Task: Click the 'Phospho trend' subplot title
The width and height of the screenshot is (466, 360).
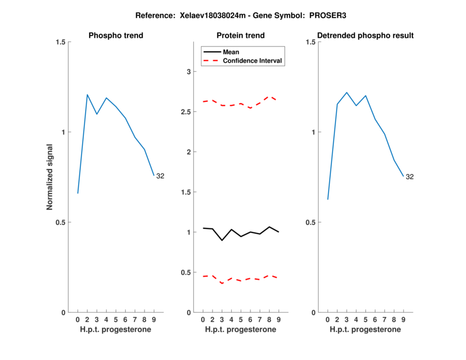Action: (x=116, y=36)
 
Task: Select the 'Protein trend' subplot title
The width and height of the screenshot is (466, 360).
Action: (x=241, y=36)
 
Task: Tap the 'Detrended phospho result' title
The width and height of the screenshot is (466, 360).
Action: (x=365, y=36)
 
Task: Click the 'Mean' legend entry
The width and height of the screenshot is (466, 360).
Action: (x=231, y=52)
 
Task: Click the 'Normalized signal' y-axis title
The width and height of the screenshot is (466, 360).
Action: (x=50, y=177)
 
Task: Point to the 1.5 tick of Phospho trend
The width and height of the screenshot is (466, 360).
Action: (x=59, y=42)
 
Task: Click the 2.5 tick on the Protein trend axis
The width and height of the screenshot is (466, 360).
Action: (x=185, y=112)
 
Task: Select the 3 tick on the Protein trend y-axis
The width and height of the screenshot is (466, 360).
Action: (x=188, y=72)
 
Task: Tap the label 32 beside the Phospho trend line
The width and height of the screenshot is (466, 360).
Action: (x=160, y=176)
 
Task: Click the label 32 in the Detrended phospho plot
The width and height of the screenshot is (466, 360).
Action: (x=409, y=177)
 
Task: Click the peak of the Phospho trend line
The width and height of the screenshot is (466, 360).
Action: (x=87, y=94)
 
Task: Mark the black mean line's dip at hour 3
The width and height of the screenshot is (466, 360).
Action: (x=222, y=240)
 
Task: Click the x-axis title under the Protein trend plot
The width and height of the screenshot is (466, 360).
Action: (x=241, y=330)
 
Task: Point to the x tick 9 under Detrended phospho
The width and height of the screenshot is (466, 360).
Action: (x=403, y=320)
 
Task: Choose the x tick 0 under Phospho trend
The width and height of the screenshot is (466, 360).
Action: (x=77, y=320)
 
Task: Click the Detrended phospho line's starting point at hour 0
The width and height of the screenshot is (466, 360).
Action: (x=327, y=199)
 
